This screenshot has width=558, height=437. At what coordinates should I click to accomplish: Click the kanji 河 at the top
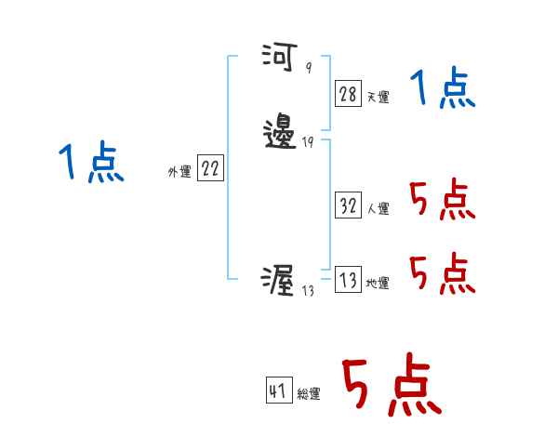(x=277, y=59)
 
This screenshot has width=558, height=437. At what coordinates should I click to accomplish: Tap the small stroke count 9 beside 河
(x=308, y=69)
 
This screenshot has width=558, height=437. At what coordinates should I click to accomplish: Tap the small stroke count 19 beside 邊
(x=308, y=143)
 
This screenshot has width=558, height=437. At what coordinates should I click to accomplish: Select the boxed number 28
(x=348, y=93)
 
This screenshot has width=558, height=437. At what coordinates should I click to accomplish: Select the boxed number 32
(x=348, y=205)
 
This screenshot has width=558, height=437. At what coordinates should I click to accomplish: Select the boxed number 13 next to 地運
(x=348, y=281)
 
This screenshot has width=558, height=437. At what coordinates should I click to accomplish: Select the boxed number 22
(x=210, y=168)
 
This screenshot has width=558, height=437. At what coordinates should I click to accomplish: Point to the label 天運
(x=379, y=96)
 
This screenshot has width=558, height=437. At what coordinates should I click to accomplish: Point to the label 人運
(x=379, y=209)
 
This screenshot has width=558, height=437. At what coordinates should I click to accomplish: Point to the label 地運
(x=379, y=284)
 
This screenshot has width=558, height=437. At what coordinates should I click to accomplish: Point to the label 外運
(x=179, y=172)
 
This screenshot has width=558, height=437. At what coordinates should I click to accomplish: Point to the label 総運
(x=309, y=394)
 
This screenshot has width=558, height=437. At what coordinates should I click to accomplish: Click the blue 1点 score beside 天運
(x=443, y=90)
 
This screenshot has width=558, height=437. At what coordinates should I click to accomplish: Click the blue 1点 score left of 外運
(x=92, y=164)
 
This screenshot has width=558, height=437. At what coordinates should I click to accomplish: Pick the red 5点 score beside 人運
(x=443, y=199)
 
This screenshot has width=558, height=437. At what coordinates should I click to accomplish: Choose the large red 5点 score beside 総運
(x=390, y=386)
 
